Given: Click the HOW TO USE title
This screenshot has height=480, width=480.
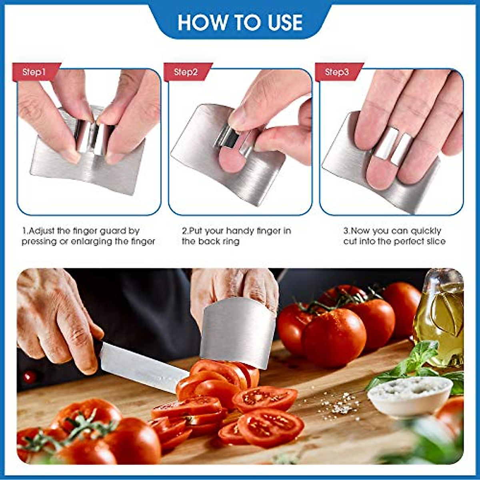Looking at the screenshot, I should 240,22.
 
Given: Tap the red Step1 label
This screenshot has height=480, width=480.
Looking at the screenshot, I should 34,72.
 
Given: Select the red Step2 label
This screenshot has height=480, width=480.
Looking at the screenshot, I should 186,72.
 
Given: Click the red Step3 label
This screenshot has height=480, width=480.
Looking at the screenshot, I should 337,72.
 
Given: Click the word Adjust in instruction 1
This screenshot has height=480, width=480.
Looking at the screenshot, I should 43,231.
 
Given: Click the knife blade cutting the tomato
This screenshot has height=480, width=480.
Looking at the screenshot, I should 140,366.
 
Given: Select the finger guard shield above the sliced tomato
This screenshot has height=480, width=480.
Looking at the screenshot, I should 238,332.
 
